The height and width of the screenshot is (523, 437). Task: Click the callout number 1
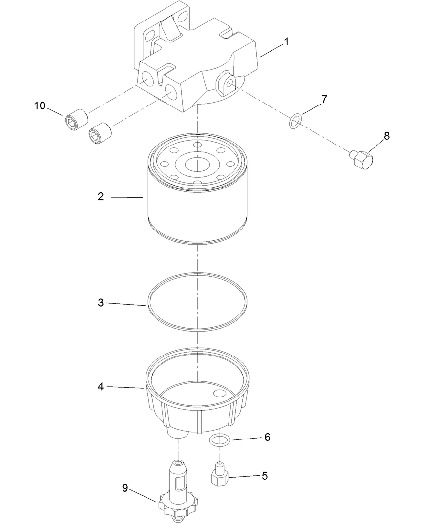286,42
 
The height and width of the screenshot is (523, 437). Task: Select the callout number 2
101,197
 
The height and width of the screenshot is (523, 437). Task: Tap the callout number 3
101,303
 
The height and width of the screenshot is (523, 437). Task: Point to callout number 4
101,387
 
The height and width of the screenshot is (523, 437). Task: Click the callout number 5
264,475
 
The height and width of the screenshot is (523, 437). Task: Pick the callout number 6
267,437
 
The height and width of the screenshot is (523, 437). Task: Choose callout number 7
324,99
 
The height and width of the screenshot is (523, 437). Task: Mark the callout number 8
386,136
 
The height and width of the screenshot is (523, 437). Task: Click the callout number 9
125,488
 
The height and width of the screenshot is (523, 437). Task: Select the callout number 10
40,105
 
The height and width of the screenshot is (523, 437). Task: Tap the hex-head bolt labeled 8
364,160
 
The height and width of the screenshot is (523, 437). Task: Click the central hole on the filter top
197,163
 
